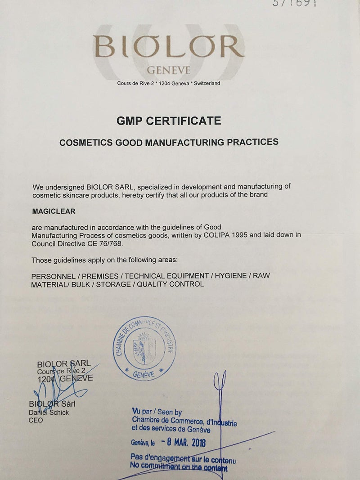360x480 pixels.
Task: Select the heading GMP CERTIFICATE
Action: pos(169,121)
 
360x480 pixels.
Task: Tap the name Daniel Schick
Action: pos(49,412)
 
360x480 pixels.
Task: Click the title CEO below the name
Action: pos(36,420)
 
